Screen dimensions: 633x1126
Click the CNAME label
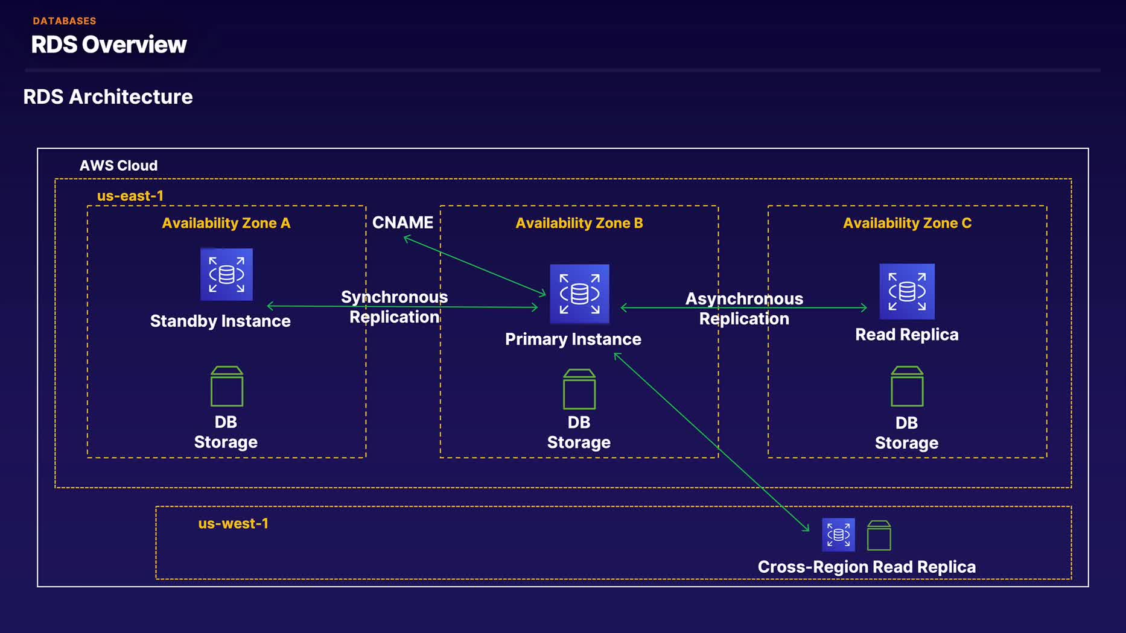[402, 222]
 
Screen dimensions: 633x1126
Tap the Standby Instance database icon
[226, 274]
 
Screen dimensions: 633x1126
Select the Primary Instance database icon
[579, 294]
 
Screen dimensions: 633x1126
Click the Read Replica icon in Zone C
[906, 291]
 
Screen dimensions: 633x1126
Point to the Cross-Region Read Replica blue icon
[838, 534]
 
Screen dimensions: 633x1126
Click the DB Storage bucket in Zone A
[227, 386]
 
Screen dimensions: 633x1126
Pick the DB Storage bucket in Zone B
[579, 389]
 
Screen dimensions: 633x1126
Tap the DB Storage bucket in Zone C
[906, 386]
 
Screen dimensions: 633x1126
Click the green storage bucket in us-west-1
[879, 535]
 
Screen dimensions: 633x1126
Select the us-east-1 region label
[130, 196]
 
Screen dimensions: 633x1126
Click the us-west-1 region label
[233, 523]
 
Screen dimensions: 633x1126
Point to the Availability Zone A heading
[226, 223]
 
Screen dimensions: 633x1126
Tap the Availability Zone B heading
[579, 223]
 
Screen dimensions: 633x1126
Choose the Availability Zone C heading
[907, 223]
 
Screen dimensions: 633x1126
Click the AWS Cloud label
[118, 166]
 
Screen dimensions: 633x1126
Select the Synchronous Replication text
[394, 307]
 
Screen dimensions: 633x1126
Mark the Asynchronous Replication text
[744, 309]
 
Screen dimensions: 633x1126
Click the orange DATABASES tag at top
[65, 21]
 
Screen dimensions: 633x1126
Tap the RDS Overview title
[109, 45]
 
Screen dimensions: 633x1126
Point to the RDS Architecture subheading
[108, 96]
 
